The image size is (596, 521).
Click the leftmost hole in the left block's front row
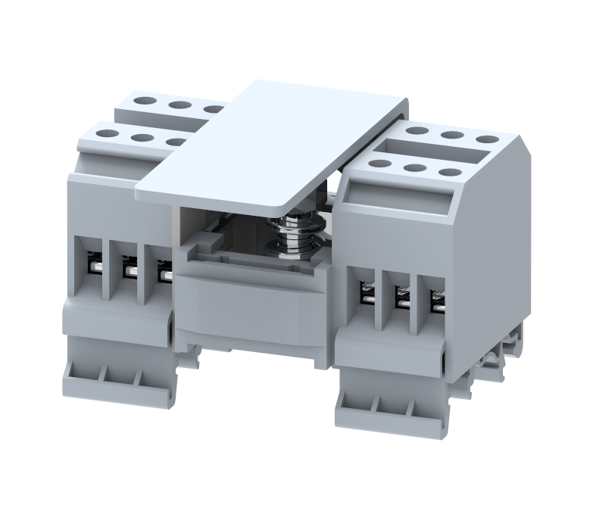[106, 133]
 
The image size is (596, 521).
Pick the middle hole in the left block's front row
[142, 138]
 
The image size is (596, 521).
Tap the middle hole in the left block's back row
[179, 105]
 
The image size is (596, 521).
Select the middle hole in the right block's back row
[453, 136]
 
